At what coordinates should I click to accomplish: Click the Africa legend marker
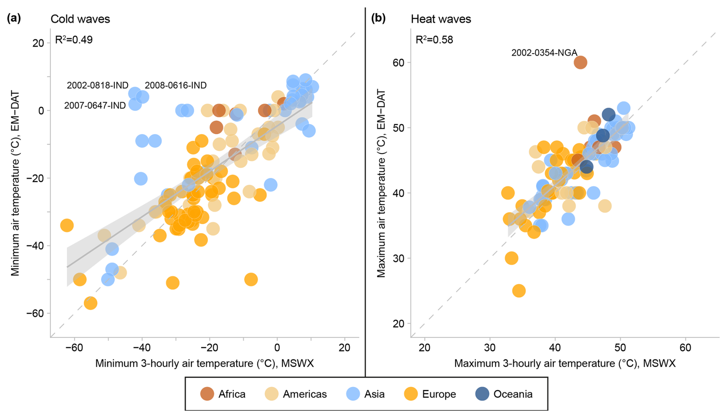[x=207, y=394]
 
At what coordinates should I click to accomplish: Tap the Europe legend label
[x=439, y=394]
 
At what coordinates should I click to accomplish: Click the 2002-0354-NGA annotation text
[x=544, y=53]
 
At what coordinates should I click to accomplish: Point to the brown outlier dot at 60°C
[x=580, y=62]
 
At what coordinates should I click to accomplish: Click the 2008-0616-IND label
[x=176, y=85]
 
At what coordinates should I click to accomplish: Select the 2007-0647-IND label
[x=95, y=105]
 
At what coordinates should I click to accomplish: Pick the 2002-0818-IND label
[x=98, y=85]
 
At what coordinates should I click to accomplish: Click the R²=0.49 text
[x=74, y=40]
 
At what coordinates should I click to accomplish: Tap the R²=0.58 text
[x=434, y=40]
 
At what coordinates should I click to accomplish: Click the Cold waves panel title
[x=80, y=19]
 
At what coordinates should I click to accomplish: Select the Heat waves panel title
[x=441, y=19]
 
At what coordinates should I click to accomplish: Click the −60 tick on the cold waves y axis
[x=35, y=313]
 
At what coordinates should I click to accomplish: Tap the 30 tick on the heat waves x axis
[x=490, y=348]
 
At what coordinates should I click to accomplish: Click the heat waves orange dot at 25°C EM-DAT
[x=519, y=291]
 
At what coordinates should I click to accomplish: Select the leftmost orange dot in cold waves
[x=67, y=225]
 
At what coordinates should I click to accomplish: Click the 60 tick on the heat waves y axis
[x=399, y=62]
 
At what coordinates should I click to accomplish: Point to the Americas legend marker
[x=272, y=394]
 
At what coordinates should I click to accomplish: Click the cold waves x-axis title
[x=204, y=363]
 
